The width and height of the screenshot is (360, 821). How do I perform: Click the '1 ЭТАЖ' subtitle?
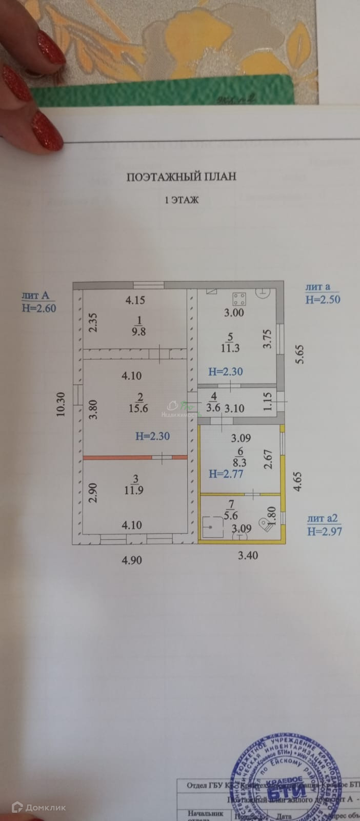(181, 200)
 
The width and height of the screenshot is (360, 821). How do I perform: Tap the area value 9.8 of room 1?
(139, 332)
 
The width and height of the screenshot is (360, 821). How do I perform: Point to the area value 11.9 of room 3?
(135, 490)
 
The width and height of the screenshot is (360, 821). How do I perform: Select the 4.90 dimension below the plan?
(131, 560)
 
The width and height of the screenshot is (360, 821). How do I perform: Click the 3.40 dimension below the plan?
(248, 554)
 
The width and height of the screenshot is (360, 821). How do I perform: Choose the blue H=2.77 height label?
(226, 474)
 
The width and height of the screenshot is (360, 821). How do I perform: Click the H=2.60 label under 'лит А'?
(39, 308)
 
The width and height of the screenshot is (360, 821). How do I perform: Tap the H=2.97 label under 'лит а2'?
(324, 532)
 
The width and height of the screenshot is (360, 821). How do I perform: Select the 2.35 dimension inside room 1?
(93, 323)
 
